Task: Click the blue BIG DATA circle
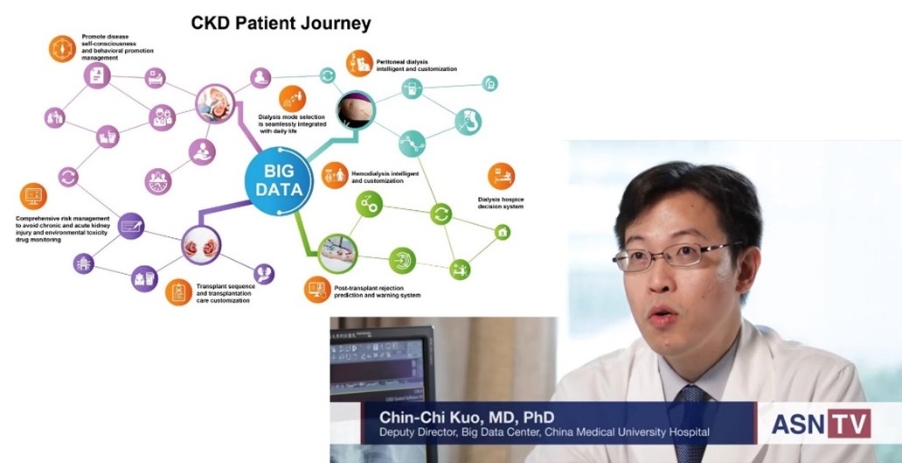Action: tap(279, 181)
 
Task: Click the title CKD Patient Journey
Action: tap(281, 24)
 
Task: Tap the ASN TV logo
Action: tap(821, 424)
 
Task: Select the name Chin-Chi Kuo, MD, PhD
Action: tap(467, 417)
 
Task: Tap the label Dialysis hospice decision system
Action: tap(501, 203)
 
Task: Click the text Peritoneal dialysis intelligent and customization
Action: tap(417, 65)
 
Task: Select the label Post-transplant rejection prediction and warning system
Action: tap(377, 291)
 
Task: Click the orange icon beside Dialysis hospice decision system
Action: tap(501, 176)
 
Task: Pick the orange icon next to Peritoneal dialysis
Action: tap(359, 63)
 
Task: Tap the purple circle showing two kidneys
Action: tap(201, 245)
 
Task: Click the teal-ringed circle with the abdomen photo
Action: tap(356, 110)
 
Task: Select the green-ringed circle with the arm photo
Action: tap(337, 254)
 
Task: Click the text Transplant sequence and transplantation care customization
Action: tap(225, 293)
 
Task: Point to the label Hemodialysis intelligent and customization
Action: tap(385, 177)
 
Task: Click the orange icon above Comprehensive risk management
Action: tap(33, 196)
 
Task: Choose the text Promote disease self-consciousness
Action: tap(109, 39)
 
